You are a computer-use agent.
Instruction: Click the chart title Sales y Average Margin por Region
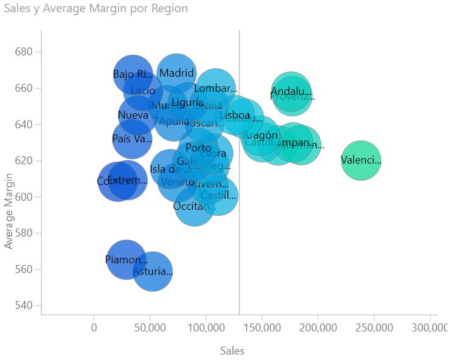(95, 9)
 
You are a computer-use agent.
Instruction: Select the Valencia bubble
(361, 161)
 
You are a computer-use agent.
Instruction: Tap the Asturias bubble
(153, 272)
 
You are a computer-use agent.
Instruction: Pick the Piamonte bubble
(126, 260)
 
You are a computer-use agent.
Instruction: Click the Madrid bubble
(176, 74)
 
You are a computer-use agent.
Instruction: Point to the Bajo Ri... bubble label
(133, 75)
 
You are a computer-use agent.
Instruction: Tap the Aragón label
(260, 136)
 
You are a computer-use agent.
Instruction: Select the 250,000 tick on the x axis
(375, 328)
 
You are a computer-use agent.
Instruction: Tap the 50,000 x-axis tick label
(150, 328)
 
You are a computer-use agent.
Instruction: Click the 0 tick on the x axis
(94, 328)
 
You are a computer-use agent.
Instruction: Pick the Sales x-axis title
(232, 351)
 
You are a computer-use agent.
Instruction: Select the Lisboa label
(235, 115)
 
